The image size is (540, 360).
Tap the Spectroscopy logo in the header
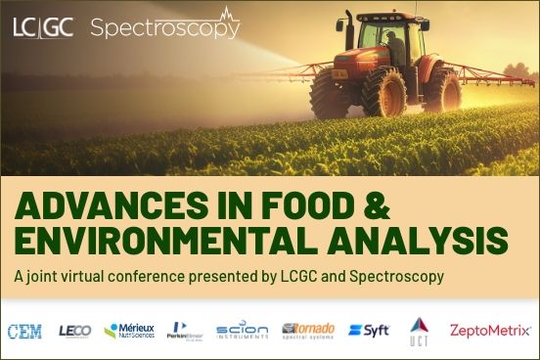point(164,26)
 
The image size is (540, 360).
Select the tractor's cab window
point(386,45)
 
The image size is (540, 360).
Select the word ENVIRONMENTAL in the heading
point(174,241)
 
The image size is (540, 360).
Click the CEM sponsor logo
point(24,331)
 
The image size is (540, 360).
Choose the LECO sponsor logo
point(74,331)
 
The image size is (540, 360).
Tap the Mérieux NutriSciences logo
point(128,331)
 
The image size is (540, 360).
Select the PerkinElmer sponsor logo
point(185,331)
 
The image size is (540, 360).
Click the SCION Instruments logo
point(242,331)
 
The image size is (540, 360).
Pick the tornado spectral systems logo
point(307,330)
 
